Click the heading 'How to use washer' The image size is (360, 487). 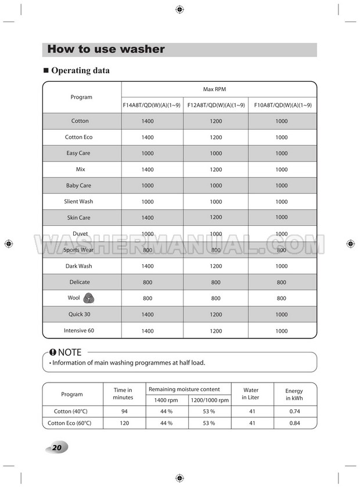[106, 49]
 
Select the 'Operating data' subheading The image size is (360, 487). [80, 71]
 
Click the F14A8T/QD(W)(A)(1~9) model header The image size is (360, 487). [152, 105]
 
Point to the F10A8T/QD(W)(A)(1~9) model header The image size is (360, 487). [283, 105]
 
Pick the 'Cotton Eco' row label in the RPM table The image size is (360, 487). [78, 138]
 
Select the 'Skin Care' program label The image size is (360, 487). [79, 218]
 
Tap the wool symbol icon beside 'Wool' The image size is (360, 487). [89, 298]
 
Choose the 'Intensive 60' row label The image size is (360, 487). [79, 331]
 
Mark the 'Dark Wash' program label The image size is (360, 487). [79, 266]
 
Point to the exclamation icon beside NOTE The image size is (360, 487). [53, 352]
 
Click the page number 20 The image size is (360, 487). [56, 448]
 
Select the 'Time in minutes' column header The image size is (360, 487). [123, 394]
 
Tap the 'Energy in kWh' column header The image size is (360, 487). [294, 395]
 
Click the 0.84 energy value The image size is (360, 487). [294, 423]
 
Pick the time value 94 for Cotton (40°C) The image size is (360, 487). [123, 412]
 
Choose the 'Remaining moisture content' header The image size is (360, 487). [184, 389]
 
